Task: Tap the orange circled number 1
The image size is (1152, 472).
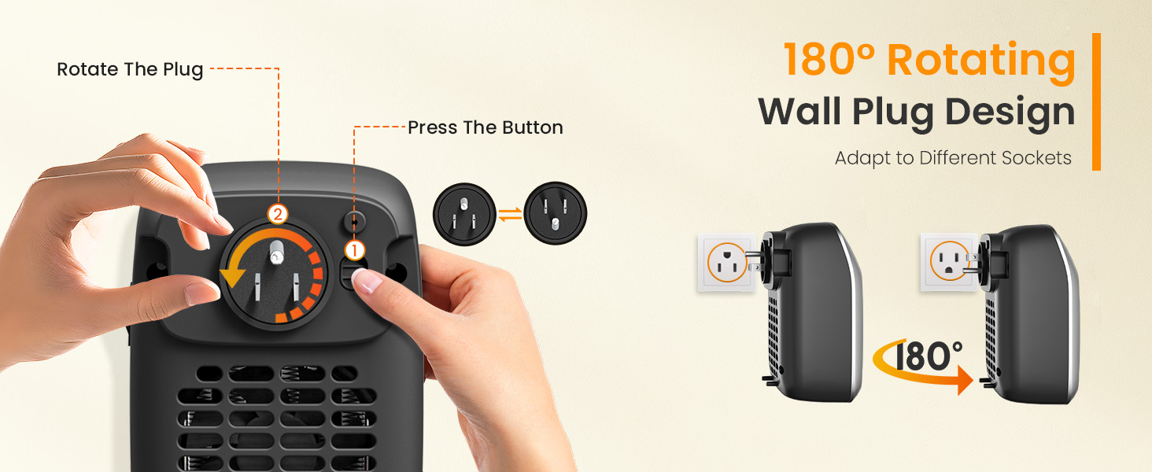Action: [x=355, y=251]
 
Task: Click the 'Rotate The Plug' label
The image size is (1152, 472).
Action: [x=130, y=69]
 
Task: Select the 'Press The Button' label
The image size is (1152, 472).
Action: [x=485, y=127]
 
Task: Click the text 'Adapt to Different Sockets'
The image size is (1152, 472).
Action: [x=952, y=158]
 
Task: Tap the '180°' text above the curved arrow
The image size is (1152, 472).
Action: [x=926, y=356]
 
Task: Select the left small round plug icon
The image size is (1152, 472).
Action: [x=463, y=213]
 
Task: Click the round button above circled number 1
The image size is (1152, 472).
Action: [x=354, y=221]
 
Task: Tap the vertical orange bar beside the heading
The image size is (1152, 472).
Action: [x=1096, y=101]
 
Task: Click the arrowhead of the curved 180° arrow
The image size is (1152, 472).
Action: [x=965, y=383]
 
